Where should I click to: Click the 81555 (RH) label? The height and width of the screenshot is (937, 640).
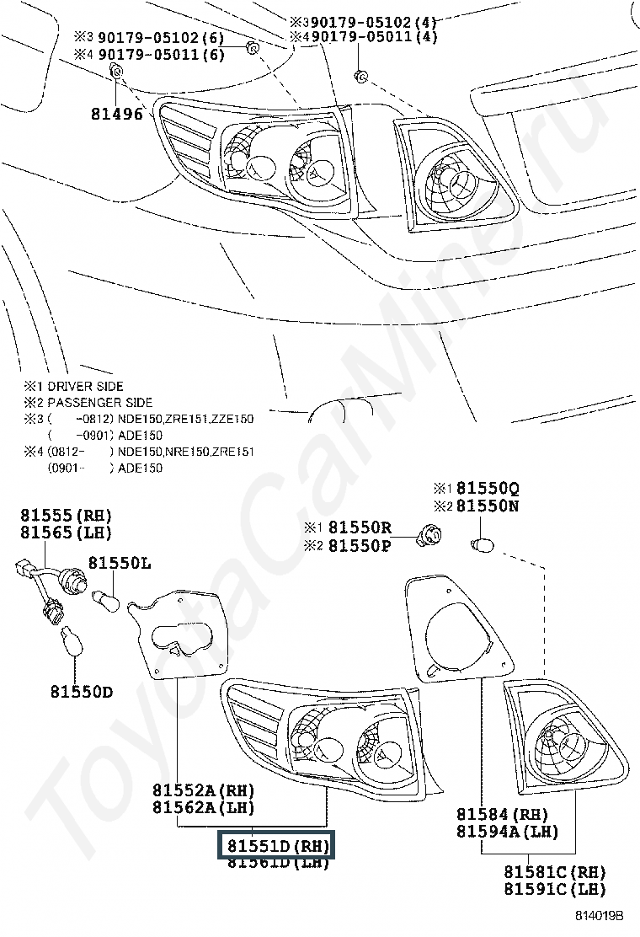coord(66,515)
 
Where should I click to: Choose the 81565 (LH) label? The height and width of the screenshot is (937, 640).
coord(66,533)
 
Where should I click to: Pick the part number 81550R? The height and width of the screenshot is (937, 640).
coord(360,527)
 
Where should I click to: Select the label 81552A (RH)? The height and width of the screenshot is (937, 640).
coord(203,790)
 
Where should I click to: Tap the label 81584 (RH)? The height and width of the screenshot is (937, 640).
coord(502,814)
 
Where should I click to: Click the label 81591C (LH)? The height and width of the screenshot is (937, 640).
coord(554,889)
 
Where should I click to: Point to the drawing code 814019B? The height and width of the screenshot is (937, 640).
coord(599,915)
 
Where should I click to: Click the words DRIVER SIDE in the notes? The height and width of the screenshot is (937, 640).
coord(86,386)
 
